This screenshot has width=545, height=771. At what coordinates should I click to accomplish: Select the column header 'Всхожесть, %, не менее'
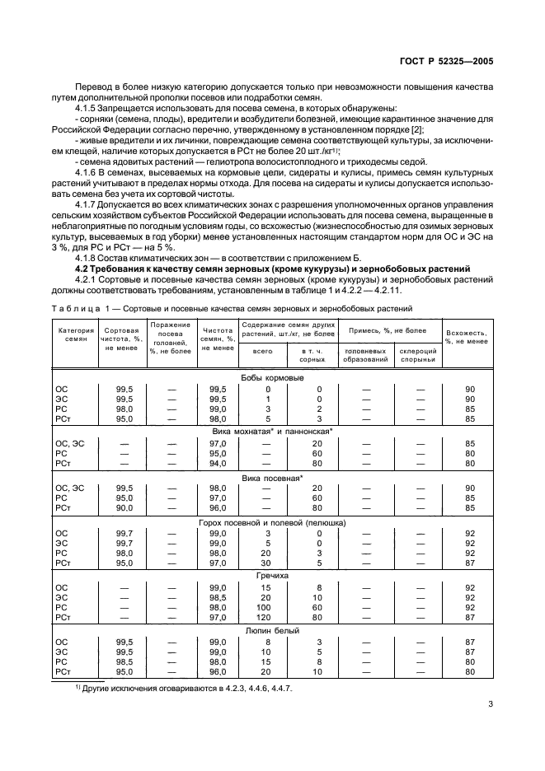pyautogui.click(x=467, y=339)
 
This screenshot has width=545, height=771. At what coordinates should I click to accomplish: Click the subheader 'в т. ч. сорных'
pyautogui.click(x=312, y=355)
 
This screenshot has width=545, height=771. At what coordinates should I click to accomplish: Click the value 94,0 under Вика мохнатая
pyautogui.click(x=218, y=464)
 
